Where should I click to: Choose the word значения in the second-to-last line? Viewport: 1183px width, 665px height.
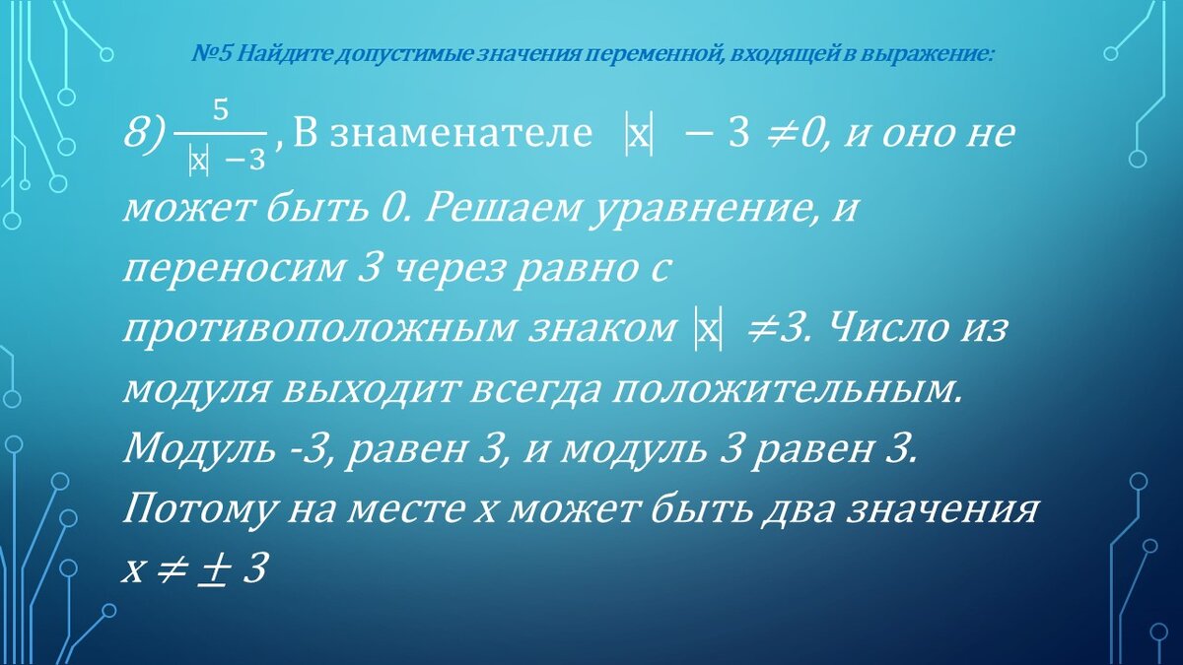947,511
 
